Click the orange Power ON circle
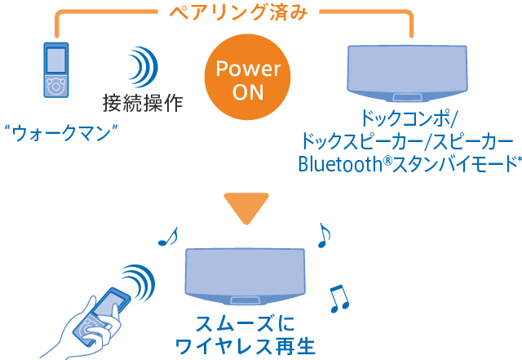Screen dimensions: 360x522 pyautogui.click(x=247, y=78)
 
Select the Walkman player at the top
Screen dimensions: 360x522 pyautogui.click(x=55, y=70)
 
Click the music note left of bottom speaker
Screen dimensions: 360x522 pyautogui.click(x=168, y=237)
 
